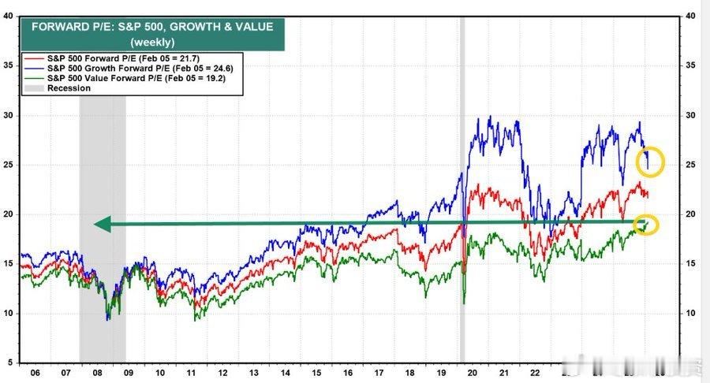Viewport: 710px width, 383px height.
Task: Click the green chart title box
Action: click(x=152, y=33)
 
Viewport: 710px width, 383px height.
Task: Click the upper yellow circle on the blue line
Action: click(x=651, y=163)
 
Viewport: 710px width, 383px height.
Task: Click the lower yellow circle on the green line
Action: click(x=647, y=225)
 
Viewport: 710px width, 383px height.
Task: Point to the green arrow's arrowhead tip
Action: click(x=95, y=225)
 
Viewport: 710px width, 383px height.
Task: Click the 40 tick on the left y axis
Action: click(x=7, y=16)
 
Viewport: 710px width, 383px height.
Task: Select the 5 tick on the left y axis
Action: click(x=9, y=363)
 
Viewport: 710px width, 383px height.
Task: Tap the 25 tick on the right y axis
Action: click(x=692, y=165)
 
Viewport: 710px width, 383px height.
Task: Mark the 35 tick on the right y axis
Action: click(x=692, y=65)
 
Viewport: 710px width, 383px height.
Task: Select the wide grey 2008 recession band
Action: click(x=103, y=236)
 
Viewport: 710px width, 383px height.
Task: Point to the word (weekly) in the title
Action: click(x=152, y=42)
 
